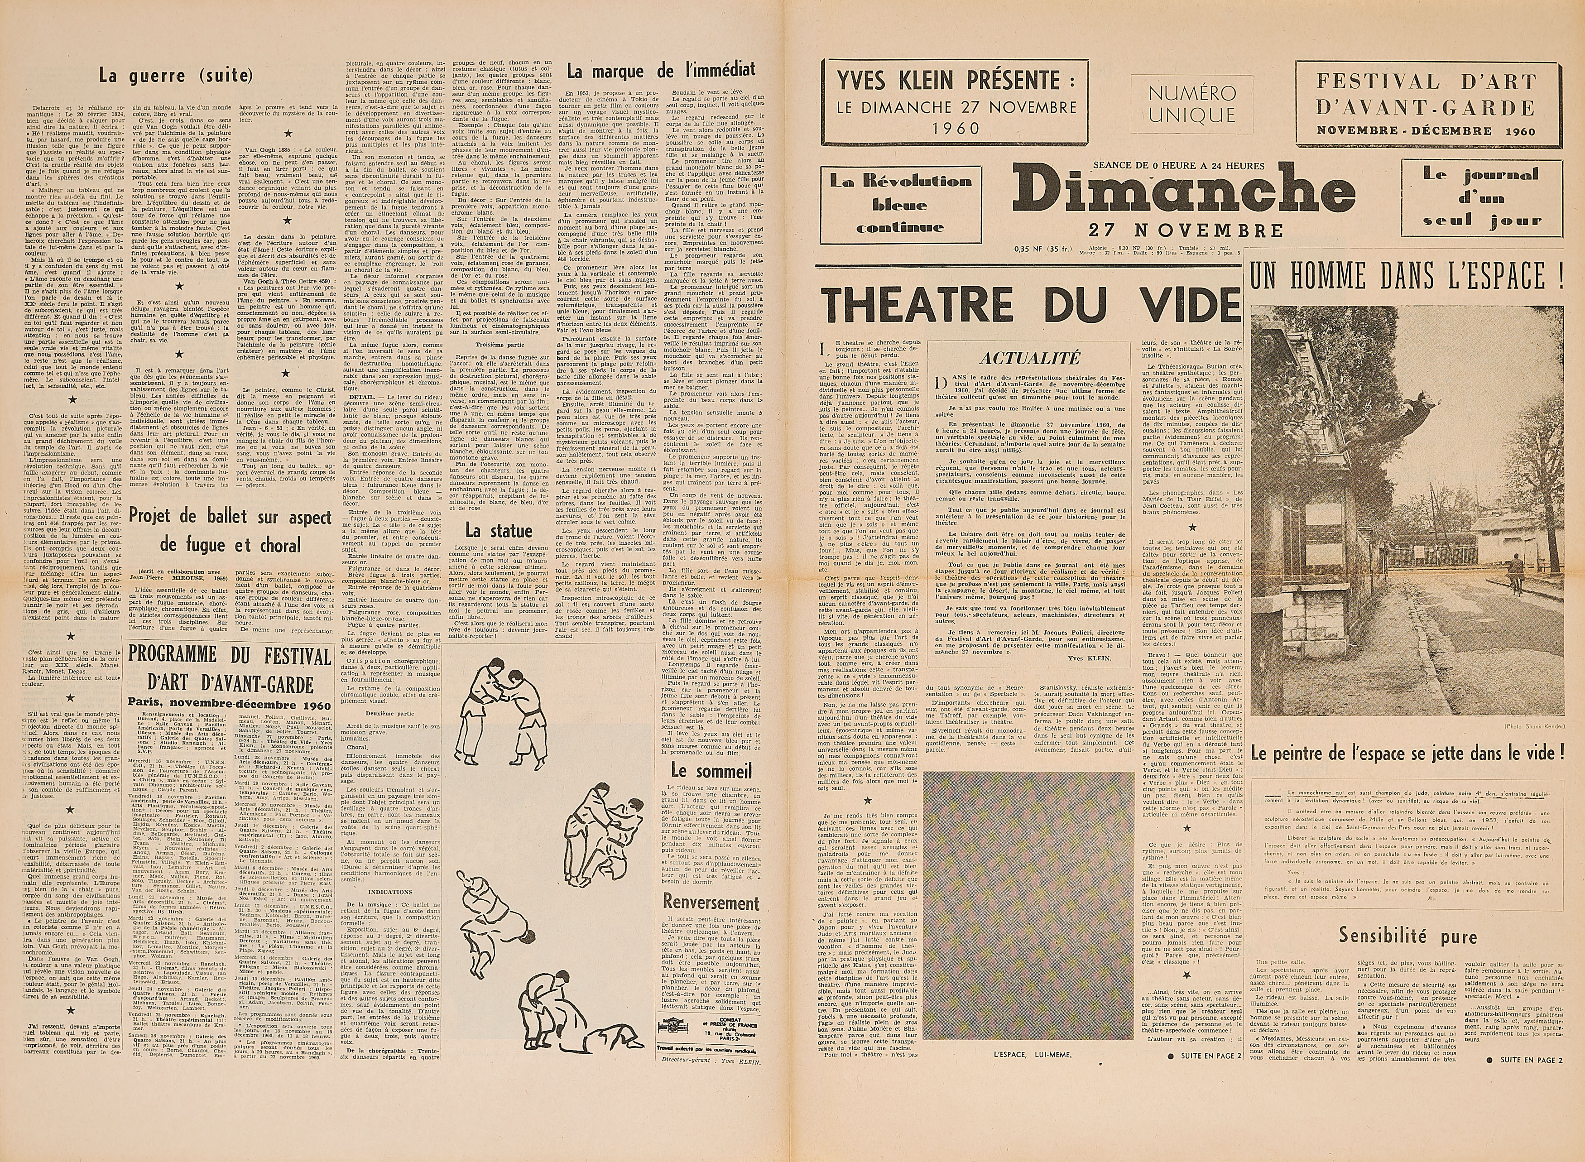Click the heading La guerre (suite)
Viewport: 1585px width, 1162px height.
point(175,75)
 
